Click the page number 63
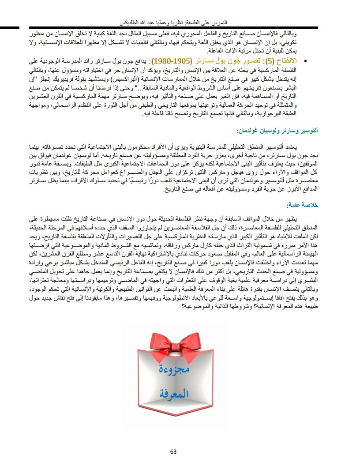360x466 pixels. coord(173,451)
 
